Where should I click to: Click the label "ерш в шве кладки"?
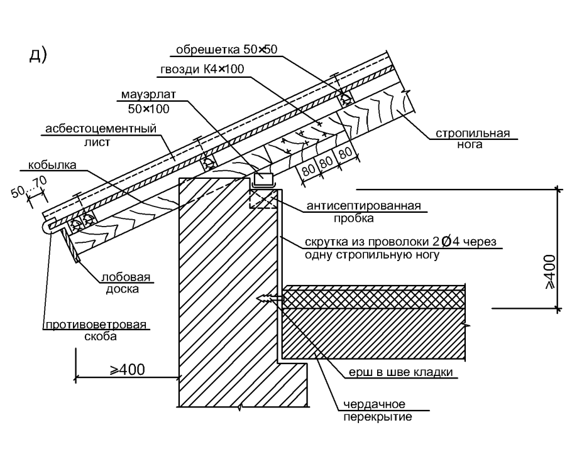point(402,372)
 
